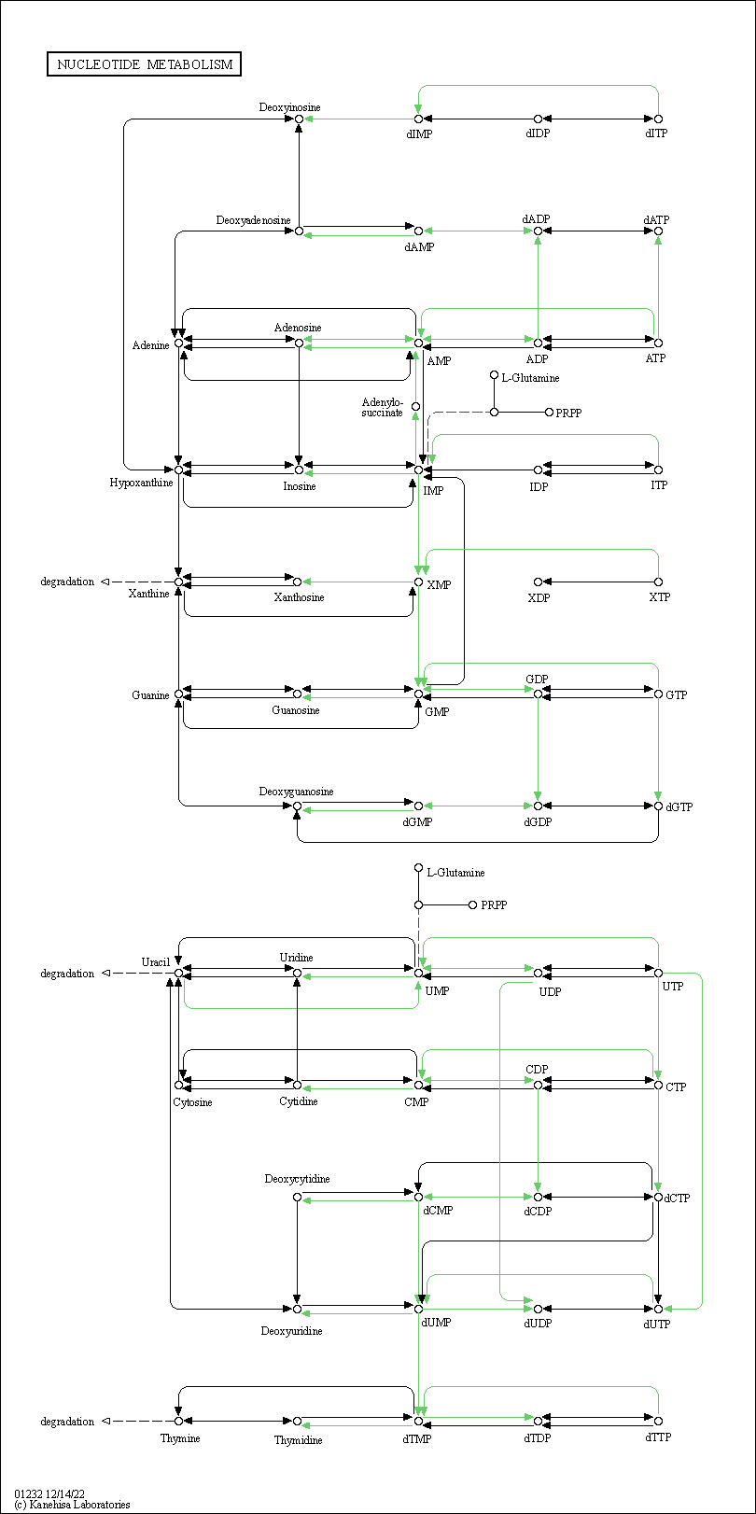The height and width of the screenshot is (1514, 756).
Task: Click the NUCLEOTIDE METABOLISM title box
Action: click(144, 64)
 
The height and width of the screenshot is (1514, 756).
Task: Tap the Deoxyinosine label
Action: click(289, 107)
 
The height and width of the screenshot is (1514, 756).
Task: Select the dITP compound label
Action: click(656, 133)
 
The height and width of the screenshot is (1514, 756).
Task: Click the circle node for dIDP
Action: click(538, 119)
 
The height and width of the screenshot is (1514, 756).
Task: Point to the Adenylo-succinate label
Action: click(382, 408)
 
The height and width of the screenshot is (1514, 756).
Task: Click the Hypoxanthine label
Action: click(141, 483)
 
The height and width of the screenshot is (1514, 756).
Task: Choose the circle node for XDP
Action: click(538, 582)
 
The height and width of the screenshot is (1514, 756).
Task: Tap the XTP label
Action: click(659, 597)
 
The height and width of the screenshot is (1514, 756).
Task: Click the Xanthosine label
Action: click(299, 597)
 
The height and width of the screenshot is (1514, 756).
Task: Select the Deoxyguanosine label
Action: click(296, 792)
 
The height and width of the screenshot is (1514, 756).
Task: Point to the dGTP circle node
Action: click(658, 806)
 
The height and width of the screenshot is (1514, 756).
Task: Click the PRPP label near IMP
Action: click(568, 413)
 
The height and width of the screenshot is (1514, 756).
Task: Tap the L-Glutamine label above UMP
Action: click(455, 873)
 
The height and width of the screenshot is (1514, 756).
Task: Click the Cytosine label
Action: click(192, 1102)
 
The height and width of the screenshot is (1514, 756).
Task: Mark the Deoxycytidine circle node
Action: click(297, 1197)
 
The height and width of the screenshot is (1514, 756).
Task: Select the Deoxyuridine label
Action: click(291, 1331)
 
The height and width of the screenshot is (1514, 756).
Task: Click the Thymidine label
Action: click(298, 1439)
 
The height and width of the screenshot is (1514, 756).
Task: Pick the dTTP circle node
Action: click(658, 1421)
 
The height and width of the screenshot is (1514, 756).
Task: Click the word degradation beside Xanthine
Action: click(67, 582)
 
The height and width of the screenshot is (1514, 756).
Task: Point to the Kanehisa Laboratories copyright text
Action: click(72, 1505)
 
